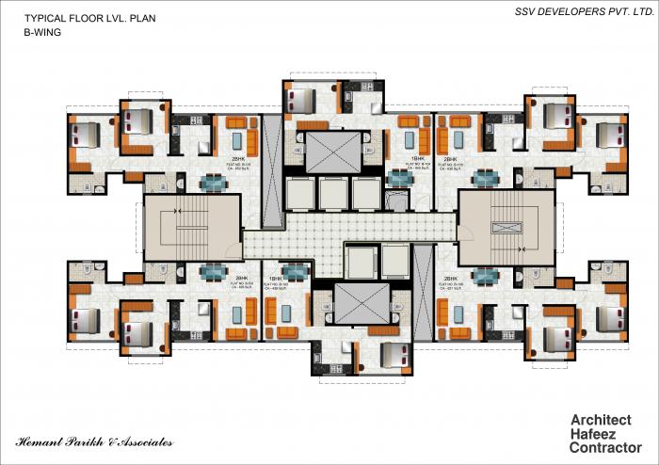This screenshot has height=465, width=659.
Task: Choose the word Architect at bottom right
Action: [x=601, y=421]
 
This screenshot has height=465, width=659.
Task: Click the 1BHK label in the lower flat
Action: [x=277, y=280]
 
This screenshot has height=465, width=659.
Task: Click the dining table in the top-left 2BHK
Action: [x=214, y=183]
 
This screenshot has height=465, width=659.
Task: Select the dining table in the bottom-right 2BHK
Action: [x=486, y=276]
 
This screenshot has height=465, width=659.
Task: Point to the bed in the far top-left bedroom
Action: [x=85, y=135]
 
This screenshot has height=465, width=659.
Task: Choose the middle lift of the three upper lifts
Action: [x=333, y=193]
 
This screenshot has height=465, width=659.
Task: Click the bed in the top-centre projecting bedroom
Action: [x=303, y=99]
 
